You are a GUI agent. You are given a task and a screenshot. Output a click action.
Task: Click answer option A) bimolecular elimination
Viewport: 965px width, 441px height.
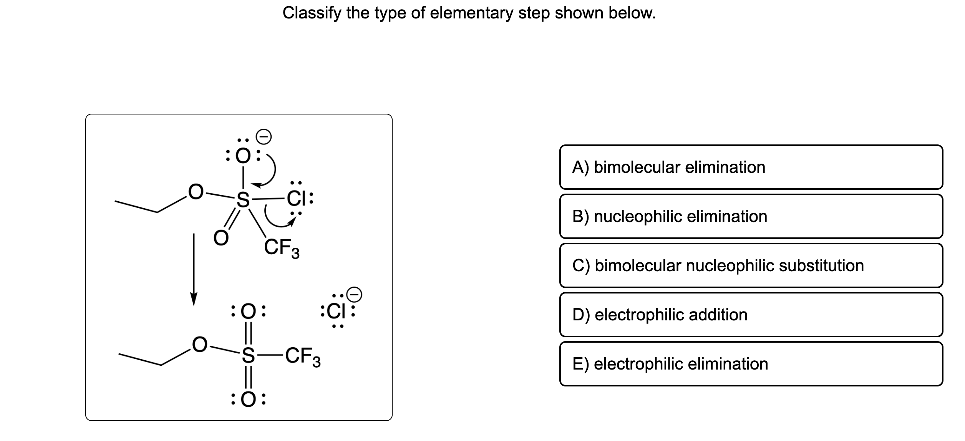coord(751,167)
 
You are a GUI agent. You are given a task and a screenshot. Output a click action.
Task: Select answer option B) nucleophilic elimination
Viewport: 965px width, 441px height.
coord(751,216)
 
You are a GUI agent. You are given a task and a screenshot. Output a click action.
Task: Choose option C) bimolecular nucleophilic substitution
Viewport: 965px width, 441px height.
coord(751,265)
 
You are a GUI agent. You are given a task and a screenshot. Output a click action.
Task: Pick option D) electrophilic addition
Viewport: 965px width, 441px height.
coord(751,315)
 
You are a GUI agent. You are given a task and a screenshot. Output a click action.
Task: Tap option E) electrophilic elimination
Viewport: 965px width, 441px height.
coord(751,364)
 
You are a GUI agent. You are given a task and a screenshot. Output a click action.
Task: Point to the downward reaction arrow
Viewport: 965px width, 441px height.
coord(194,269)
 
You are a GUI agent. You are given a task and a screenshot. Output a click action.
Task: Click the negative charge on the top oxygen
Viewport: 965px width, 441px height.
coord(264,136)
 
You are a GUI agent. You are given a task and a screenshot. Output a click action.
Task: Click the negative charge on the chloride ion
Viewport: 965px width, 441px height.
coord(354,295)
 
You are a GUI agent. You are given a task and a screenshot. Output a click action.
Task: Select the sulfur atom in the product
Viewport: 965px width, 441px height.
coord(248,355)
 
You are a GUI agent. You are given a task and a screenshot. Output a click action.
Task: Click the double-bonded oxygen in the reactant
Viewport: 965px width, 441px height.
coord(221,238)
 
